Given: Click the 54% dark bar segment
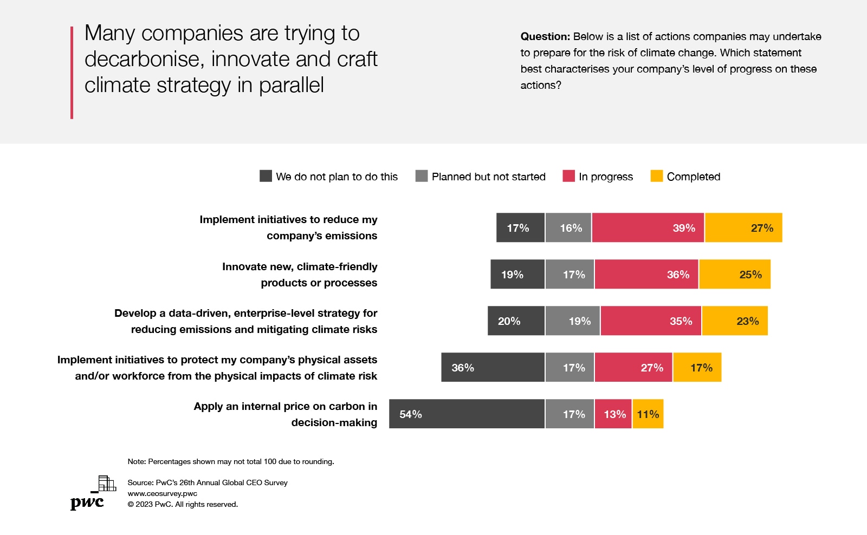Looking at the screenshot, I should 467,414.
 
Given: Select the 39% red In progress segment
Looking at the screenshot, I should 648,227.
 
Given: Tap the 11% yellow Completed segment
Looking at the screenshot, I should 648,414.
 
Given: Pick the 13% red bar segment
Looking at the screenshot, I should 613,414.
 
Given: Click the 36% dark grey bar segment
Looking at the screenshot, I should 493,367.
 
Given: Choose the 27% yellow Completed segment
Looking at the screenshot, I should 743,227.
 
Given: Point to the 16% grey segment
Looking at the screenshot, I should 568,227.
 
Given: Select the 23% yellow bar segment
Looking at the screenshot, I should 735,321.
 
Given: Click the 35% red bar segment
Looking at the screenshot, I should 651,321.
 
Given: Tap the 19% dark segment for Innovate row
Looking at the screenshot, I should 517,274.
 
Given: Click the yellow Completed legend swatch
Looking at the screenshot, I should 656,176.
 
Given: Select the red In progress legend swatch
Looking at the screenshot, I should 568,176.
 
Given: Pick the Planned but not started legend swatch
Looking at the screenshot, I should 422,176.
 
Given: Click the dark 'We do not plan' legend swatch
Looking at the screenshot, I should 266,176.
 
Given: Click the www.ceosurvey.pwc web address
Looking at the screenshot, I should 163,493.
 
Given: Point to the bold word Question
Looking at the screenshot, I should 545,36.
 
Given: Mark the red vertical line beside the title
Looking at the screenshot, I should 72,73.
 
